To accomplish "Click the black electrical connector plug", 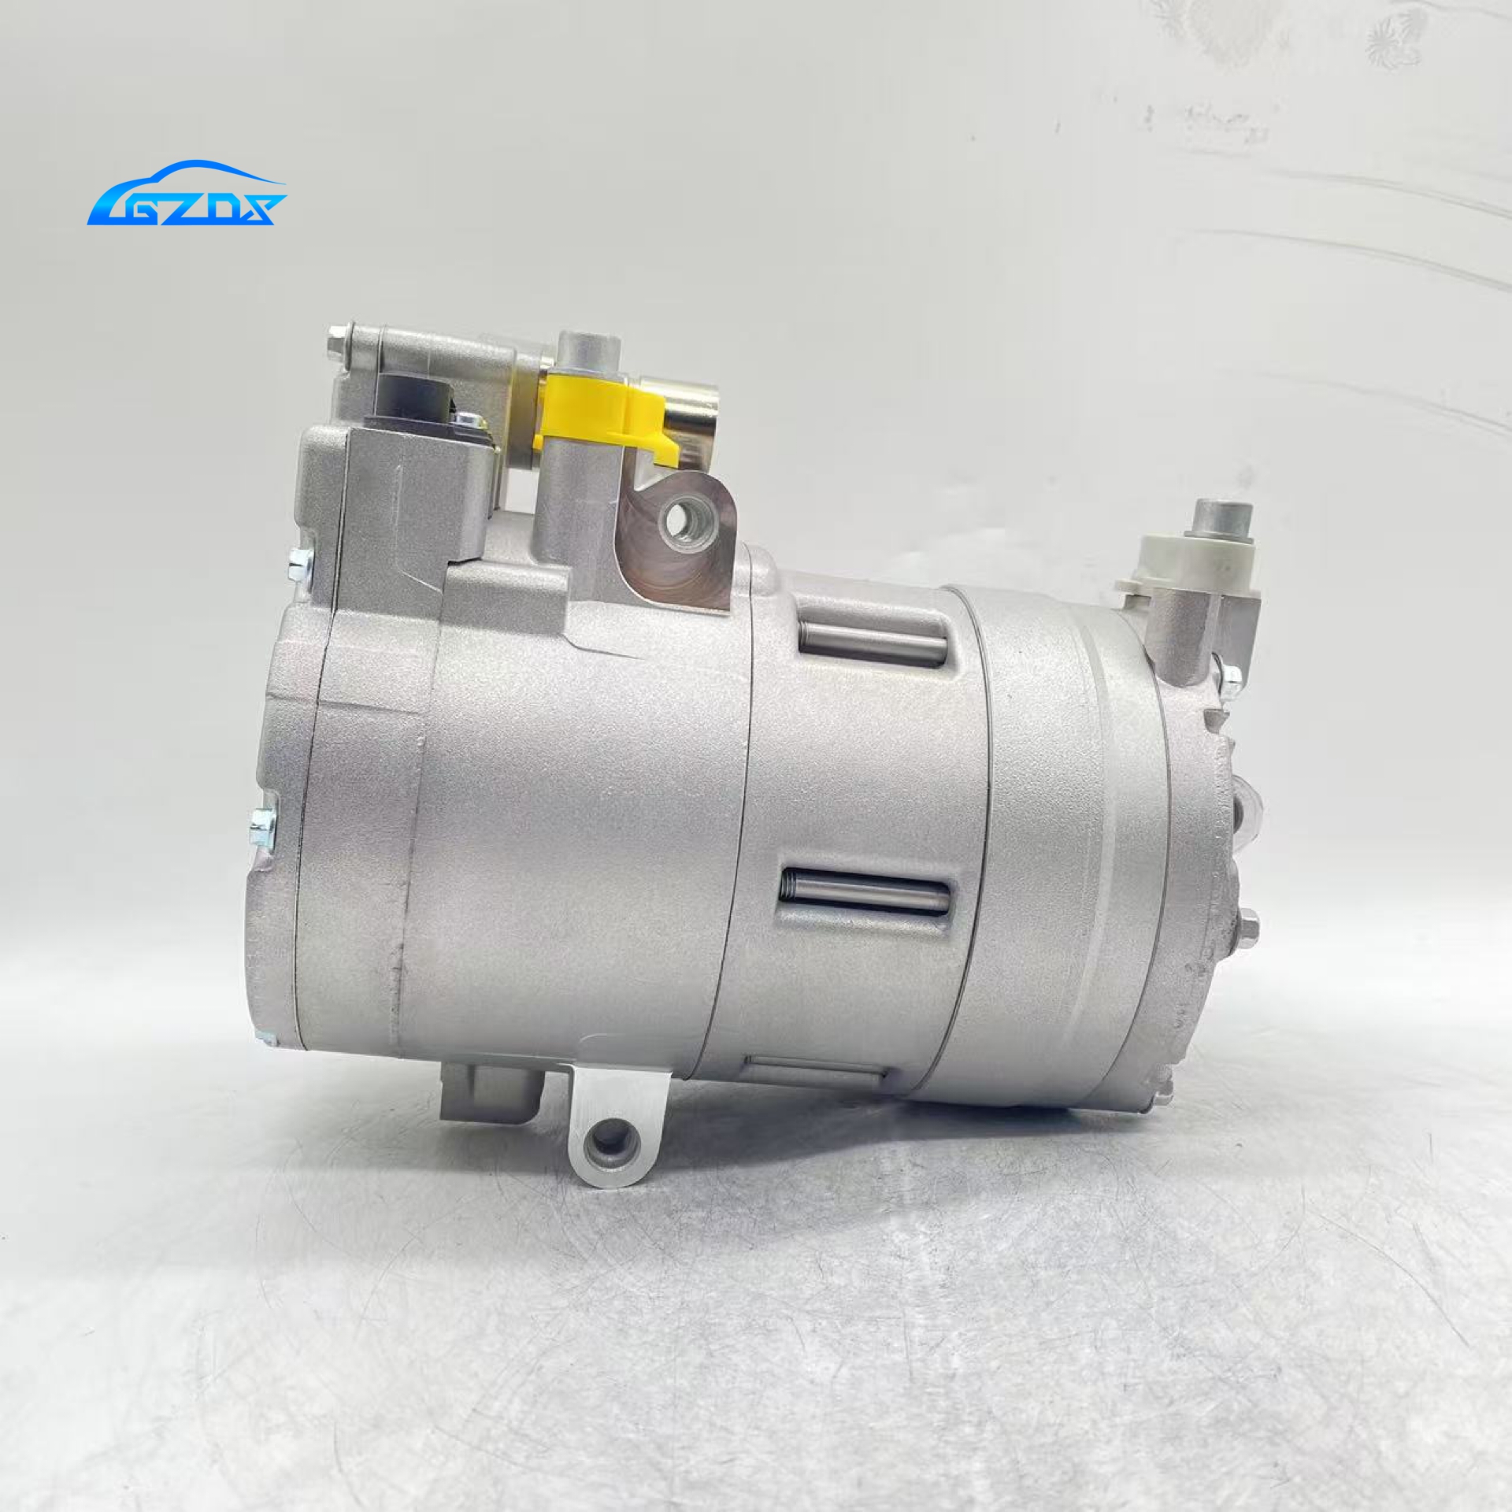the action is coord(413,402).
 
